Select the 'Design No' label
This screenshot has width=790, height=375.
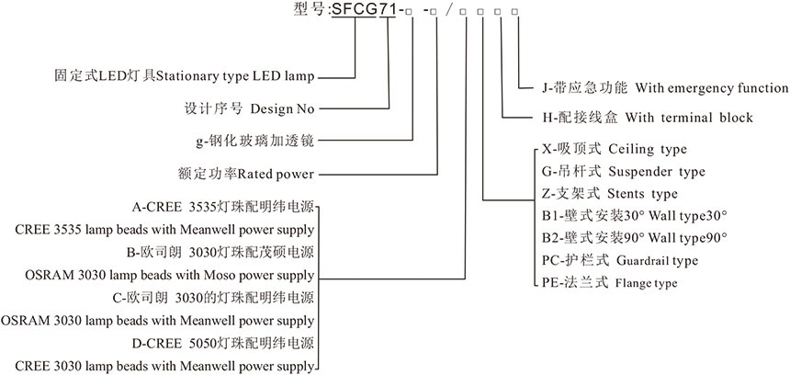(282, 108)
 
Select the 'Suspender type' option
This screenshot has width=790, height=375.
(658, 172)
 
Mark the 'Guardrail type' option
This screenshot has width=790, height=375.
(654, 261)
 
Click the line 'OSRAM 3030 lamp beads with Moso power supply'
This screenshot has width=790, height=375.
(158, 275)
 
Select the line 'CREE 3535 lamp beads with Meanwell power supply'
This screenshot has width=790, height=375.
(158, 229)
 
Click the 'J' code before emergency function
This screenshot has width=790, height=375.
(546, 88)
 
